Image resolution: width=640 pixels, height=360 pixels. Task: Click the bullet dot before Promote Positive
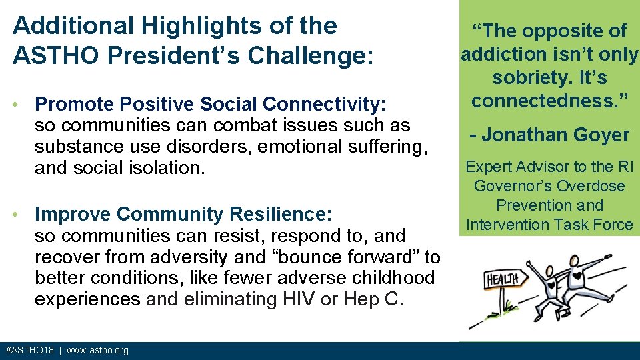[23, 105]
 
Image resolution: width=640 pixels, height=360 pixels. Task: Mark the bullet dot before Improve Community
[23, 215]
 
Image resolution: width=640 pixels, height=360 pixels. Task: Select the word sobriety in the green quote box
[529, 77]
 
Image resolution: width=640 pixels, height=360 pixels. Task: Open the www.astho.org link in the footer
[97, 351]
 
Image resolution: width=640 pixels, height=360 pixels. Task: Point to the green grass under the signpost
[501, 320]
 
